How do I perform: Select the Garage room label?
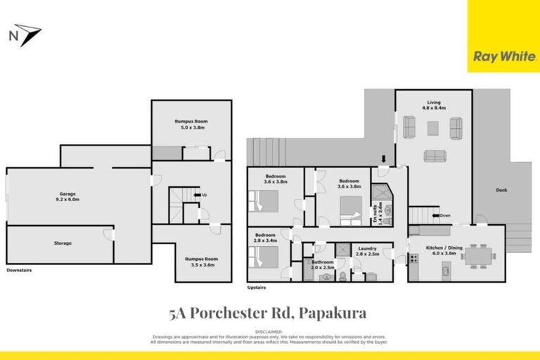click(67, 197)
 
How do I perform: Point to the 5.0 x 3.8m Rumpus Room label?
click(191, 125)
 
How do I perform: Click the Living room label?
click(432, 107)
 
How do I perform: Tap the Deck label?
click(501, 190)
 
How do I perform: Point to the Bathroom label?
click(323, 264)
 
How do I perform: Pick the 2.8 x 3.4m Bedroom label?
click(265, 238)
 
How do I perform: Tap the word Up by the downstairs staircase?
click(205, 195)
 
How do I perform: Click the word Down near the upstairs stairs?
click(446, 215)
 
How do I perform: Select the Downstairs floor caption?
click(19, 269)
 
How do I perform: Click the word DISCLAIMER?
click(269, 331)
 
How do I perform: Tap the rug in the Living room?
click(432, 127)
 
